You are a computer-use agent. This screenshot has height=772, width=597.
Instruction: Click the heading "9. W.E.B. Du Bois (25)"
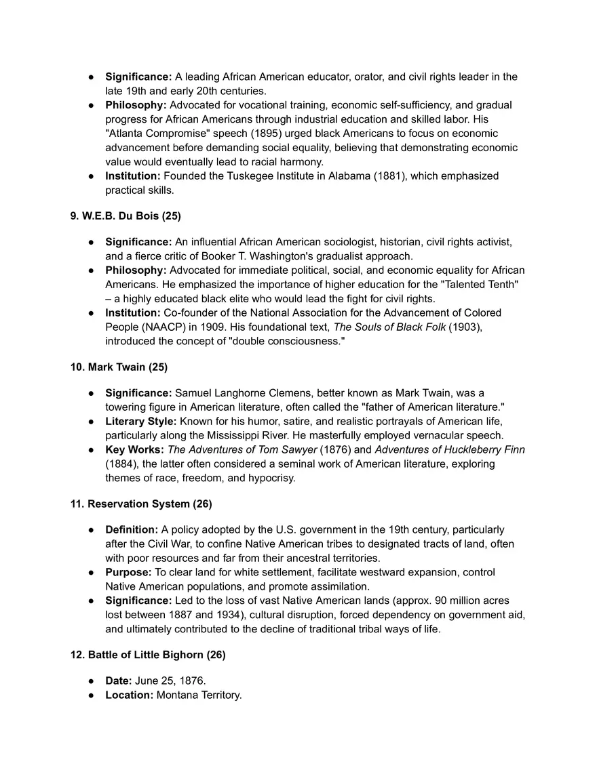tap(126, 216)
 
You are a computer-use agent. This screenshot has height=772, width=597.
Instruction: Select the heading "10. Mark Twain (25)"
tap(119, 367)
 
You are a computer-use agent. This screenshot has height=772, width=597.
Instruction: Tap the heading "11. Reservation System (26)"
tap(141, 504)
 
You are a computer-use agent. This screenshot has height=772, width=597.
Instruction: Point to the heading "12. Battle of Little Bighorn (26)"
tap(148, 655)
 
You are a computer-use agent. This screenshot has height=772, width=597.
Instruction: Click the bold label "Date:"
tap(119, 680)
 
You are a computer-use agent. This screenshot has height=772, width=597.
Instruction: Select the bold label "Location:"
tap(129, 695)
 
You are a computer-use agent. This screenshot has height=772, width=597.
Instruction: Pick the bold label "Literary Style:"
tap(140, 421)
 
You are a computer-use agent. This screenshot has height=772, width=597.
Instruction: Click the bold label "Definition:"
tap(132, 529)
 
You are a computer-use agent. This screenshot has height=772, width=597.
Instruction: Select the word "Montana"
tap(176, 695)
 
